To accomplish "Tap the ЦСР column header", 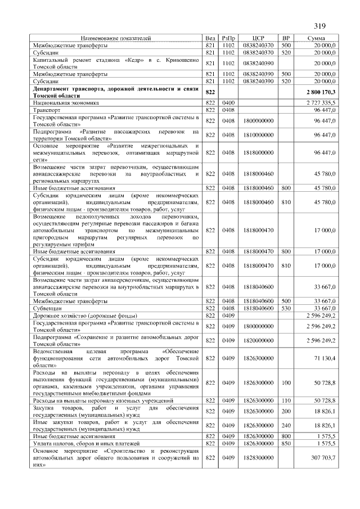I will click(x=259, y=38).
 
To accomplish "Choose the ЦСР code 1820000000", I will click(x=259, y=340).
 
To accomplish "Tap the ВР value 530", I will click(x=286, y=309).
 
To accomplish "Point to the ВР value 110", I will click(x=286, y=400).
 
